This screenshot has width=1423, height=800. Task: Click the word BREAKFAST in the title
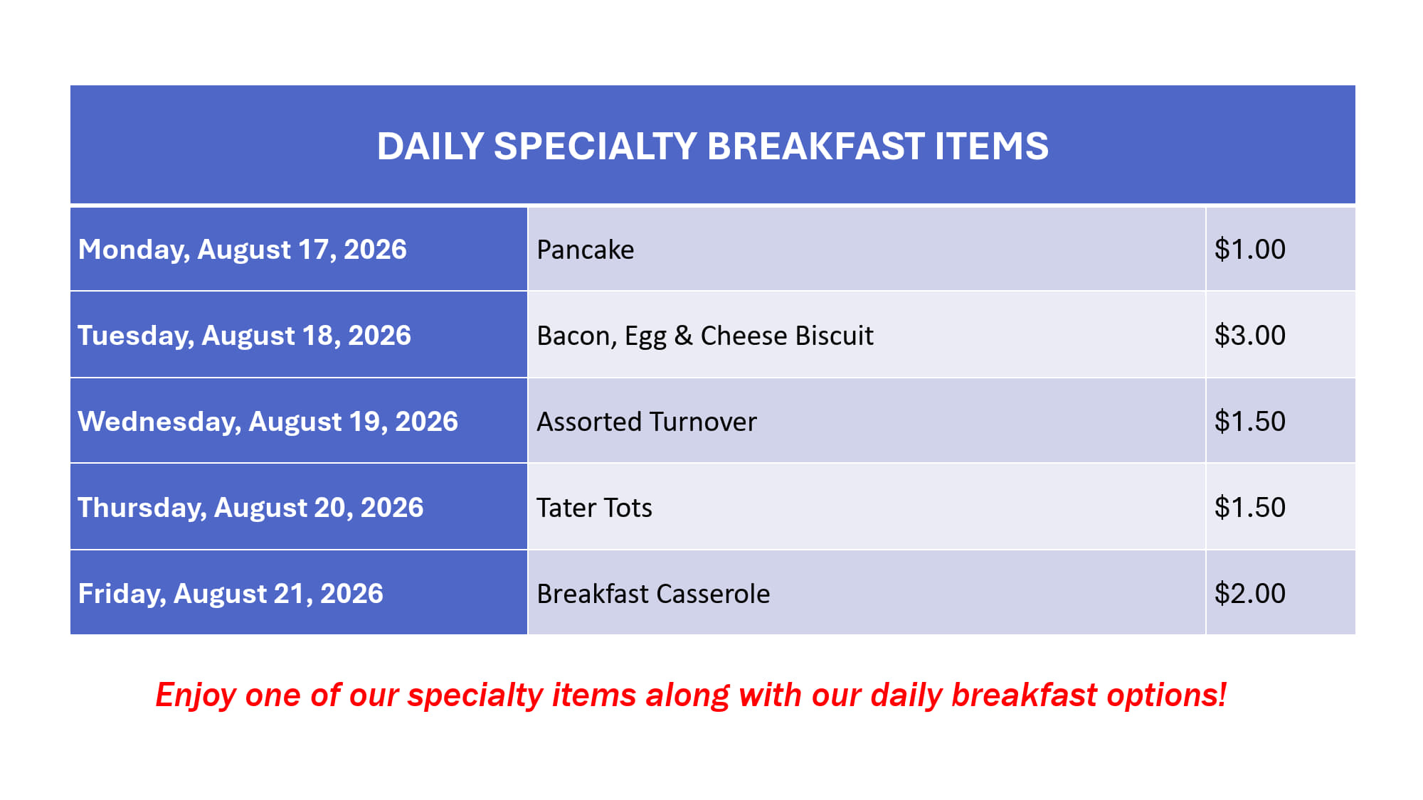point(816,146)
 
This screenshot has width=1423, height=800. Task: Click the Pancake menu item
point(586,250)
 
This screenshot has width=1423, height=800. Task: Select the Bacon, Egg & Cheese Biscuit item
point(705,336)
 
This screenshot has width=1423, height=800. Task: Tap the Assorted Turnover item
point(647,422)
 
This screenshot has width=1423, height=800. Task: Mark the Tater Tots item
point(595,508)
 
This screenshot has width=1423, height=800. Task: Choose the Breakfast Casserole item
point(653,594)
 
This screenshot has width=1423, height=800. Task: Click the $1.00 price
point(1250,250)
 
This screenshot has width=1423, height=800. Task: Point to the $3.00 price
point(1250,336)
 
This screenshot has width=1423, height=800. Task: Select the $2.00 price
point(1250,594)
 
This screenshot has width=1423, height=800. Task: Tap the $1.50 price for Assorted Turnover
point(1250,422)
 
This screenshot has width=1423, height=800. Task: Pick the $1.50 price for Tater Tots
point(1250,508)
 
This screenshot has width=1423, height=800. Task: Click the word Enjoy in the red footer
point(196,695)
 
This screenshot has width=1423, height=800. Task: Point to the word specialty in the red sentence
point(475,695)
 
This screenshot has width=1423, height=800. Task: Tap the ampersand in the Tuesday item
point(684,336)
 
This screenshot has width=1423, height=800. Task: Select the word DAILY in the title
point(430,146)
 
